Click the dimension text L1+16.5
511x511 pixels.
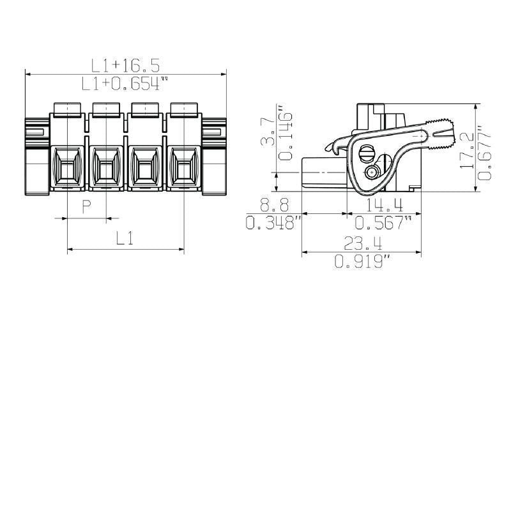pos(125,65)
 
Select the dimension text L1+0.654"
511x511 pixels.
pos(125,83)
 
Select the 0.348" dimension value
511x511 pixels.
pos(273,223)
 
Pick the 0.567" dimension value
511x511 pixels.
pos(384,223)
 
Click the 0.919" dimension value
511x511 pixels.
pos(362,261)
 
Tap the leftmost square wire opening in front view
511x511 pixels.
pos(67,168)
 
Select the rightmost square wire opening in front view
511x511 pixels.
pos(183,168)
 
